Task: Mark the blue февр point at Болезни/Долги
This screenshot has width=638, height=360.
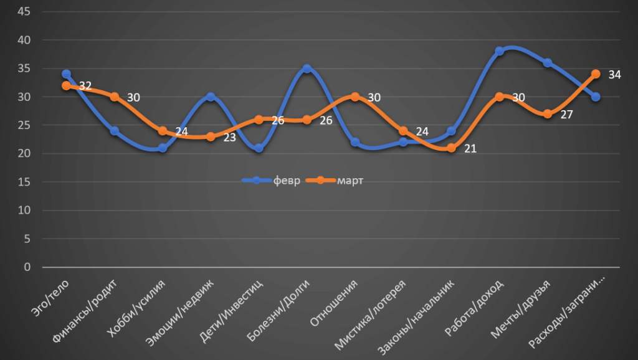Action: tap(307, 69)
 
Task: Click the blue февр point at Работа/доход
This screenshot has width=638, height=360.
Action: tap(500, 52)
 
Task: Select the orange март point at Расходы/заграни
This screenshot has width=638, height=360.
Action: tap(596, 74)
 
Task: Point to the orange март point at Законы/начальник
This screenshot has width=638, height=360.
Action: tap(451, 148)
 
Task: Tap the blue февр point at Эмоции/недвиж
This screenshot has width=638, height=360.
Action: tap(211, 97)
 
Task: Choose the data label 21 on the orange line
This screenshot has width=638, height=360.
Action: tap(470, 149)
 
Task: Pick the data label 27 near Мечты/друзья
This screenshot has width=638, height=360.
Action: tap(566, 115)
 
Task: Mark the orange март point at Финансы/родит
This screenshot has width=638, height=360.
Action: tap(114, 97)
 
